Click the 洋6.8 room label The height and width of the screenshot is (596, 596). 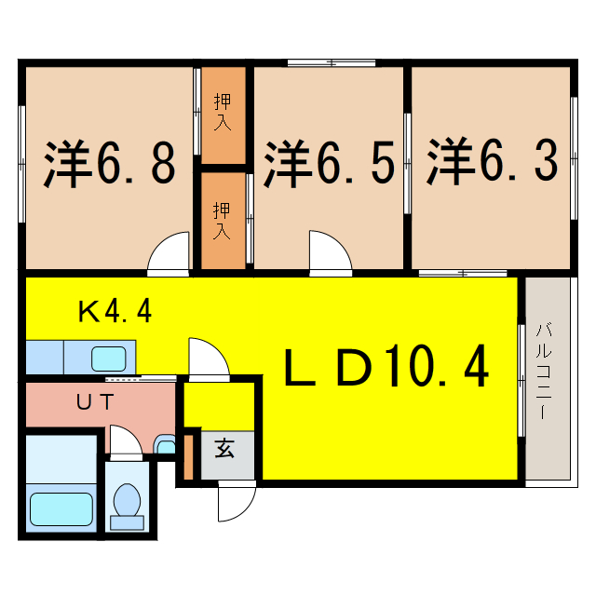[110, 164]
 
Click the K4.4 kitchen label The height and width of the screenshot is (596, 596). [115, 311]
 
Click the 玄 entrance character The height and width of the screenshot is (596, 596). [224, 448]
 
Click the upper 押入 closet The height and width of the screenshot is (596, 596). [223, 113]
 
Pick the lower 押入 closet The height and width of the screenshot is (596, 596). [223, 220]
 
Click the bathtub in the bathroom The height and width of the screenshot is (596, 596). [61, 508]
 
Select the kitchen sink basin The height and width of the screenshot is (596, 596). [109, 357]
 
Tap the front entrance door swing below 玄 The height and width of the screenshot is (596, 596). [235, 504]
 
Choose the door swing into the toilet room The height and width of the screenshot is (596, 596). [125, 441]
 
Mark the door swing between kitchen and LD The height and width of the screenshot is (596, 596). [207, 358]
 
